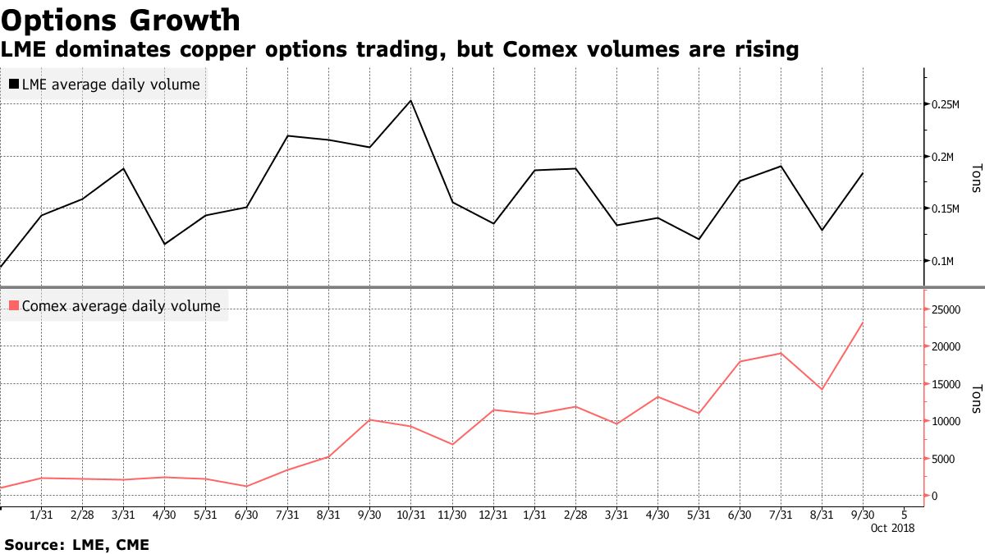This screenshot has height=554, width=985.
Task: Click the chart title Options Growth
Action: (x=121, y=20)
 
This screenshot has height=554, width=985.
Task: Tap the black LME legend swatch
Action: (x=14, y=85)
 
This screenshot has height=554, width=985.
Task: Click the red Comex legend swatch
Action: (x=14, y=306)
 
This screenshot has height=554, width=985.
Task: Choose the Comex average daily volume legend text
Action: (x=121, y=306)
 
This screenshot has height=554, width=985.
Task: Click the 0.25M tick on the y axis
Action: (x=946, y=104)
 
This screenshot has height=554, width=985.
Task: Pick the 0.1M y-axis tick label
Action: (x=943, y=261)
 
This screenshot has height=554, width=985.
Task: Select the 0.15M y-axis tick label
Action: (x=946, y=209)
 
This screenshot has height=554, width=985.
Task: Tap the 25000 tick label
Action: (x=945, y=309)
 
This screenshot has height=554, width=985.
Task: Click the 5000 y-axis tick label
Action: (x=942, y=459)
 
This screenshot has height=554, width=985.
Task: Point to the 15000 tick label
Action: (x=945, y=384)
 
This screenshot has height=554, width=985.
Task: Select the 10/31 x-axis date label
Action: (x=410, y=515)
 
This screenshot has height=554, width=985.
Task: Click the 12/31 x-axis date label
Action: (x=492, y=515)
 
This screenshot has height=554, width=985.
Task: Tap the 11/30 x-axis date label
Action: (x=451, y=515)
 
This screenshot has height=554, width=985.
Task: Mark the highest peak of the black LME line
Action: (x=410, y=100)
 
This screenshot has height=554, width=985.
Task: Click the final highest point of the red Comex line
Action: (x=862, y=323)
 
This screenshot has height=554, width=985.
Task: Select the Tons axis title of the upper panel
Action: (x=974, y=178)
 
